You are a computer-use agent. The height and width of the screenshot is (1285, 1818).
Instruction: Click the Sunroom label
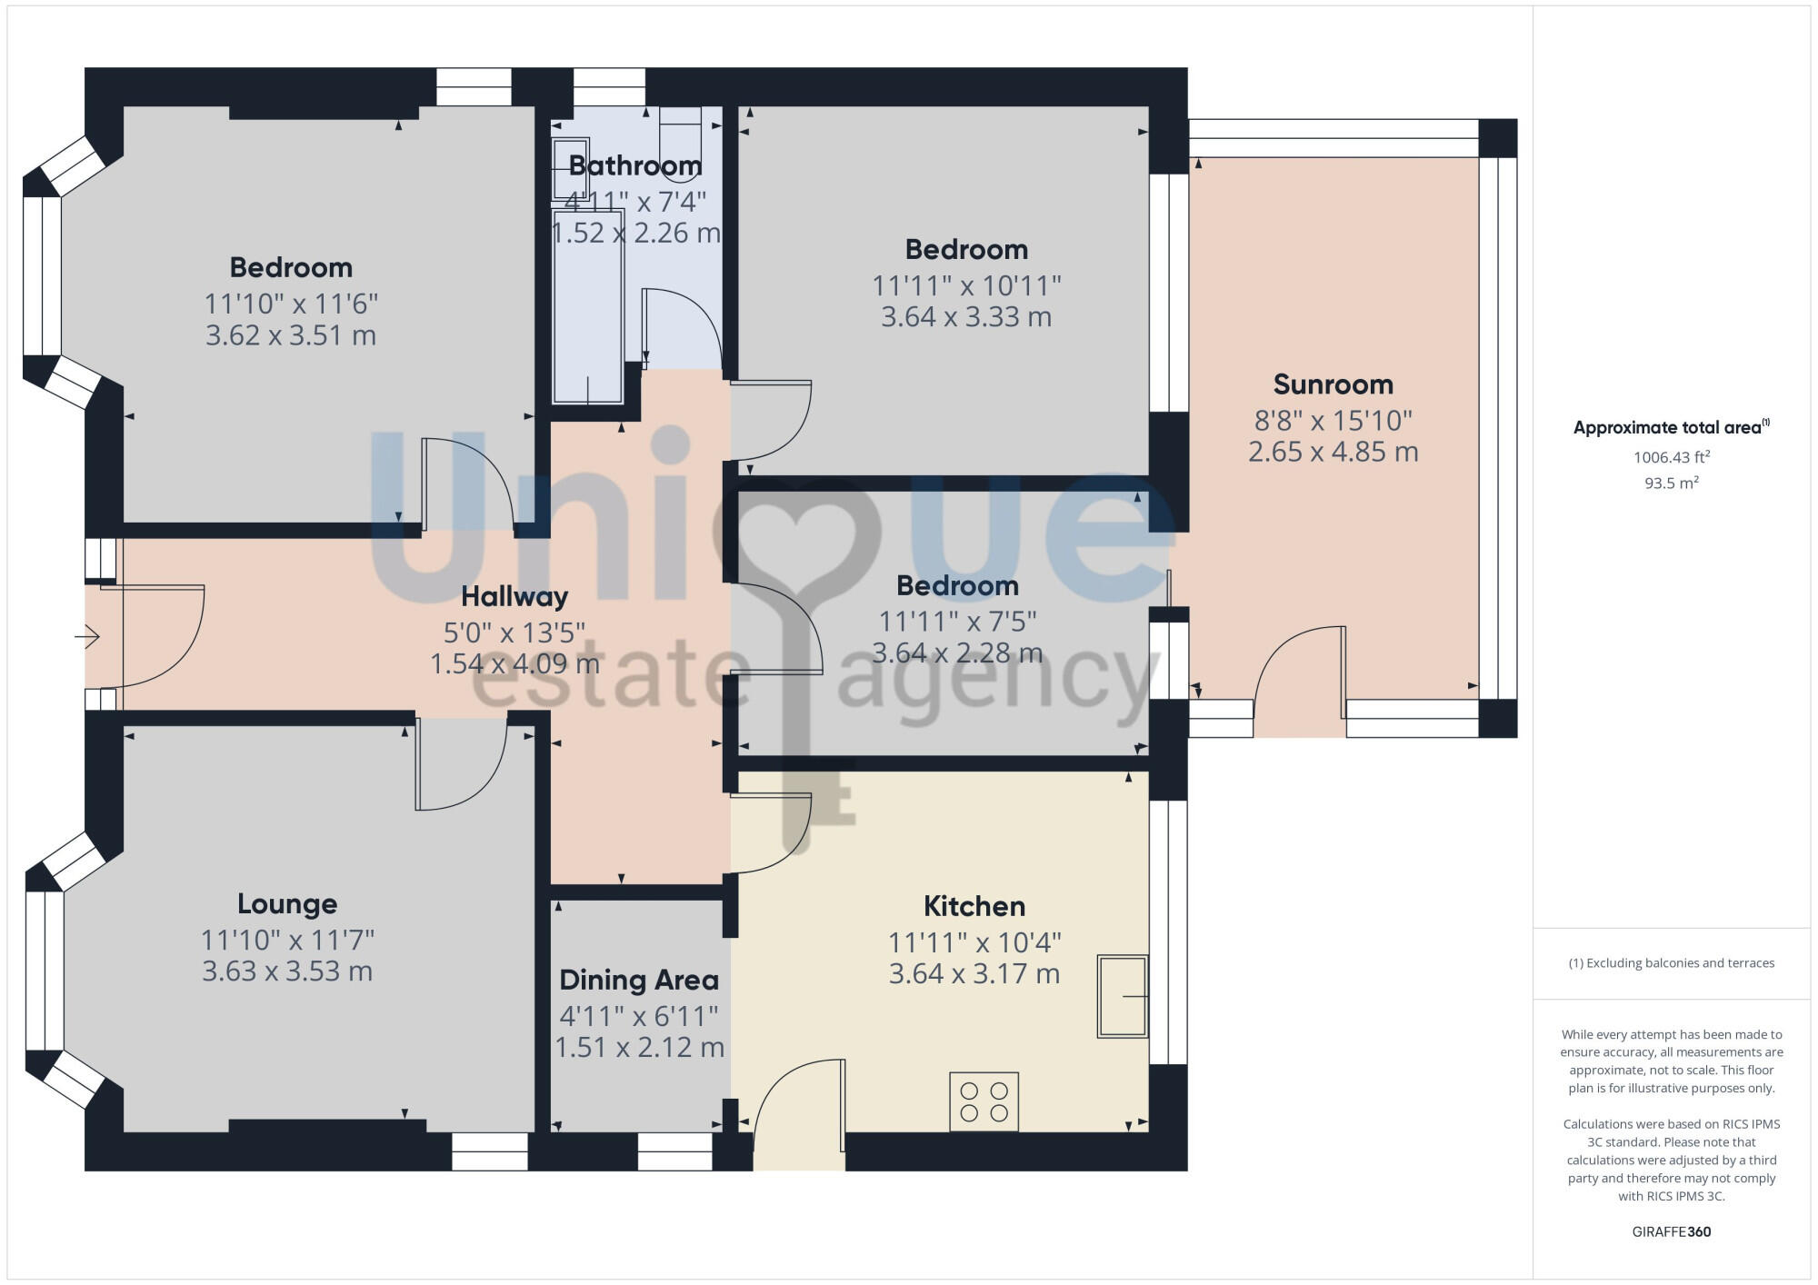(x=1333, y=384)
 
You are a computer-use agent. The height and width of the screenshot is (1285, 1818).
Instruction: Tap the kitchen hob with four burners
(x=984, y=1101)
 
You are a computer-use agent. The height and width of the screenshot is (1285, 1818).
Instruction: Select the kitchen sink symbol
(x=1122, y=996)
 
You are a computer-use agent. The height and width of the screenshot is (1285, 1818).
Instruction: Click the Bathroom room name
(x=635, y=165)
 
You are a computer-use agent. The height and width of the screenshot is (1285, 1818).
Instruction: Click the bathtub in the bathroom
(x=588, y=309)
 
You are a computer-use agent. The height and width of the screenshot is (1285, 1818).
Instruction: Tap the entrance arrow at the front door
(x=87, y=638)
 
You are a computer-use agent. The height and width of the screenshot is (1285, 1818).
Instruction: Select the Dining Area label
(x=639, y=980)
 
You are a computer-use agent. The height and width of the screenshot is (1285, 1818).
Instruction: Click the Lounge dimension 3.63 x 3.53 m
(x=287, y=971)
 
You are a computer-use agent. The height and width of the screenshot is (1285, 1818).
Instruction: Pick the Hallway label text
(x=514, y=596)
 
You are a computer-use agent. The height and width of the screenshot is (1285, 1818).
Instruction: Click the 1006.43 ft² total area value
(x=1672, y=457)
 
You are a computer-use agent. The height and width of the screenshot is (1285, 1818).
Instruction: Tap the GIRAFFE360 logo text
(x=1671, y=1231)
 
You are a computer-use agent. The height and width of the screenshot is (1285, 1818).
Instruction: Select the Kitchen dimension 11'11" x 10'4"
(x=974, y=942)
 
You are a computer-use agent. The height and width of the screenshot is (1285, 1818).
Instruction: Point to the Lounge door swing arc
(x=461, y=763)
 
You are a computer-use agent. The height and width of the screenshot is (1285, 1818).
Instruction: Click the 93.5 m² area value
(x=1672, y=483)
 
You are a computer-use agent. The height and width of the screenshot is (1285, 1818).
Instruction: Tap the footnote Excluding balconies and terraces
(x=1671, y=963)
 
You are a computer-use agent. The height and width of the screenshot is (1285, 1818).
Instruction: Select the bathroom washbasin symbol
(x=571, y=169)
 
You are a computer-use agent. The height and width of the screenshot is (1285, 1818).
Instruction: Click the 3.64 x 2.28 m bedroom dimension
(x=957, y=652)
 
